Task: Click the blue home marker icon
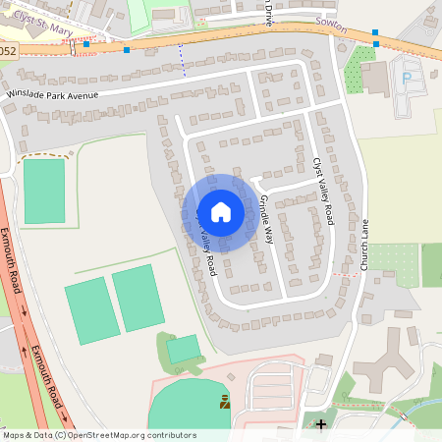[x=221, y=212]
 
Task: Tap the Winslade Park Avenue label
[x=54, y=93]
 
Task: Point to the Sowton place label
[x=331, y=30]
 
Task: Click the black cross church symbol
[x=320, y=424]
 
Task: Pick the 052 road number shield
[x=8, y=49]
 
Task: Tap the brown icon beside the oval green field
[x=225, y=401]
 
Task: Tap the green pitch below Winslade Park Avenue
[x=43, y=190]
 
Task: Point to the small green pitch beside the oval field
[x=183, y=349]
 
